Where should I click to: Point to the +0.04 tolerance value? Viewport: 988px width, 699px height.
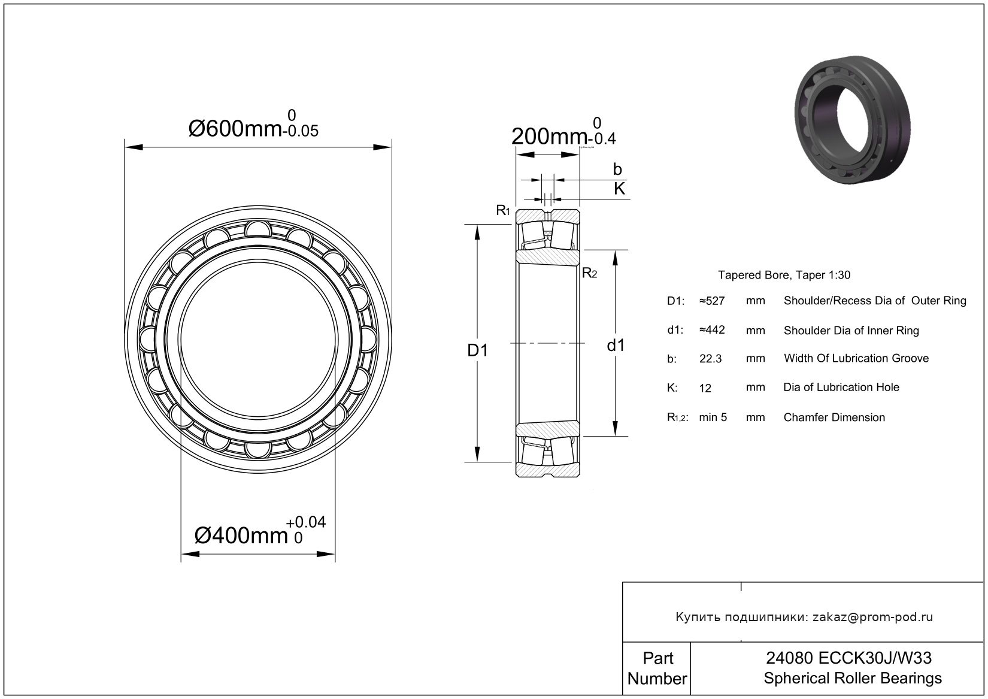coord(305,522)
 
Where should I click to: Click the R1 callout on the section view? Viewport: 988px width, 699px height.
coord(503,210)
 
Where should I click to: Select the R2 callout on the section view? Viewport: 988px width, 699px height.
coord(589,273)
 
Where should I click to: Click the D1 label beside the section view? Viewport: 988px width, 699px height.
coord(478,350)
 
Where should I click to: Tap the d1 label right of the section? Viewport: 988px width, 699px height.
coord(616,345)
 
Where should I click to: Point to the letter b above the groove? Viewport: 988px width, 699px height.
coord(617,169)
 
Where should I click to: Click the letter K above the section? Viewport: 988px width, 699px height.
coord(619,189)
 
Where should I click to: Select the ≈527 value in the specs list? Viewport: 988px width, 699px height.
coord(712,301)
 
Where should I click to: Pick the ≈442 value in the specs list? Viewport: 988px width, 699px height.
coord(712,330)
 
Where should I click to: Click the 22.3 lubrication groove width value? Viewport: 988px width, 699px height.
coord(711,359)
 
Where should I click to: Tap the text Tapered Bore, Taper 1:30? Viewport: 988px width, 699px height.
coord(784,275)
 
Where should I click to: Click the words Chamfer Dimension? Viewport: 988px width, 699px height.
coord(834,417)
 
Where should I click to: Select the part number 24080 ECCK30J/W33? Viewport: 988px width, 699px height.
coord(848,658)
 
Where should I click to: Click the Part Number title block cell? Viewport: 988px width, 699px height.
coord(657,668)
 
